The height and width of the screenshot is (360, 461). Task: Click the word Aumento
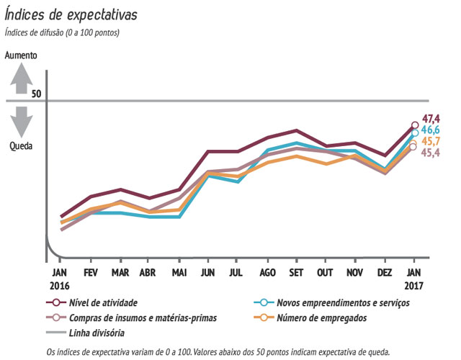(21, 55)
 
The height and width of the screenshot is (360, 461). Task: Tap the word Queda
(21, 145)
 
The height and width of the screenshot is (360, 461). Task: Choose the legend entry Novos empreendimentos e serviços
(344, 302)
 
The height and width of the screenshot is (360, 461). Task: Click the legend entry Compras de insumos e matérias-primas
(142, 318)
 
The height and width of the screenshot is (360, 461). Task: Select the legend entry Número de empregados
(322, 318)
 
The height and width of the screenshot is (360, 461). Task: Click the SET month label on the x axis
(295, 273)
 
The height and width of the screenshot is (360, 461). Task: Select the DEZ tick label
(384, 273)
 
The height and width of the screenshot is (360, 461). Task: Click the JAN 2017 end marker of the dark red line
(414, 125)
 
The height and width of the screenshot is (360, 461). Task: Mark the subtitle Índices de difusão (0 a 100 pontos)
(62, 32)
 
